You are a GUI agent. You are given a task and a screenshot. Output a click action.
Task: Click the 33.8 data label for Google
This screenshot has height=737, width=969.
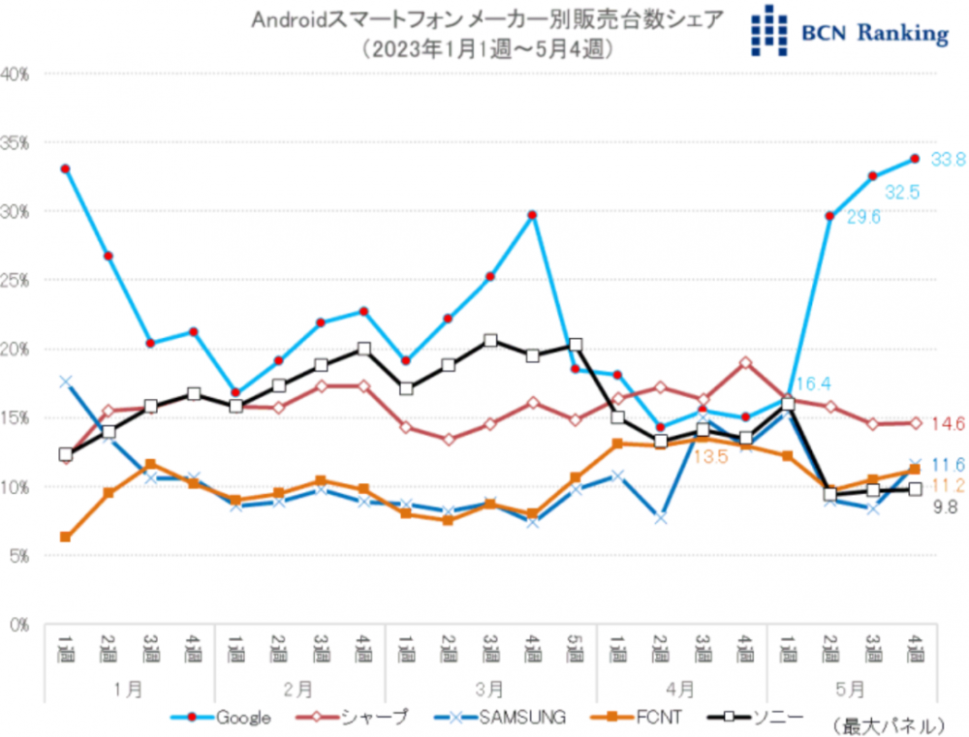point(949,160)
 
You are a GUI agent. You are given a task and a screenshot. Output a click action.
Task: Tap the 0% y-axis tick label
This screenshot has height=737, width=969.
point(20,625)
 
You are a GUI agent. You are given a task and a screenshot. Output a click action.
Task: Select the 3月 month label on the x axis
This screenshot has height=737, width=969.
point(490,689)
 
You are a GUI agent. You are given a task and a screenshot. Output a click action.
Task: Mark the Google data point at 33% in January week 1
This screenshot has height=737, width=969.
point(65,169)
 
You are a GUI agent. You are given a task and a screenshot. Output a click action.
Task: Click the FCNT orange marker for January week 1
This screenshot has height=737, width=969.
point(65,537)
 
